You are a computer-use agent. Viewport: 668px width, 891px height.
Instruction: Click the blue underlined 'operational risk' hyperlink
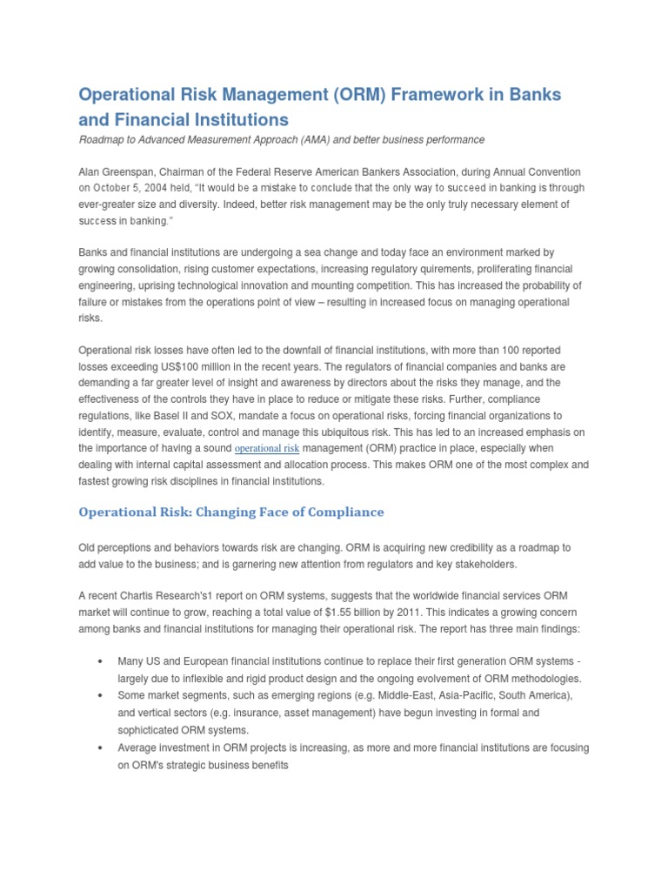coord(267,449)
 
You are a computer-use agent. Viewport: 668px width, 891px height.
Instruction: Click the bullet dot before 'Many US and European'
coord(103,662)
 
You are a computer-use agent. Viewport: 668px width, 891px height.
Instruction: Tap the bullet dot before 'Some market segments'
coord(103,696)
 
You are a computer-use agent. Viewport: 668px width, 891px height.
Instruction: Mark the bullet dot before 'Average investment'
coord(103,747)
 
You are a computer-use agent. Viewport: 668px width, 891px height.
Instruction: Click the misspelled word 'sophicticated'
coord(151,730)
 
